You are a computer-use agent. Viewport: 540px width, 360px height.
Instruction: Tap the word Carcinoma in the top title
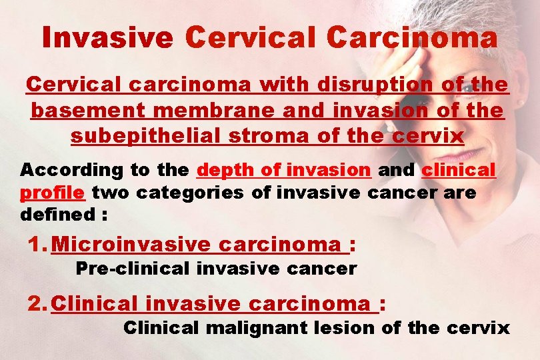pyautogui.click(x=412, y=37)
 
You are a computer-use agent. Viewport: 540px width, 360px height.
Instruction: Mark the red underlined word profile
pyautogui.click(x=52, y=193)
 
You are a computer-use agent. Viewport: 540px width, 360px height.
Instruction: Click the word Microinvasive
pyautogui.click(x=130, y=245)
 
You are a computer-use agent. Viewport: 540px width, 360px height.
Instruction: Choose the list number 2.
pyautogui.click(x=35, y=304)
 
